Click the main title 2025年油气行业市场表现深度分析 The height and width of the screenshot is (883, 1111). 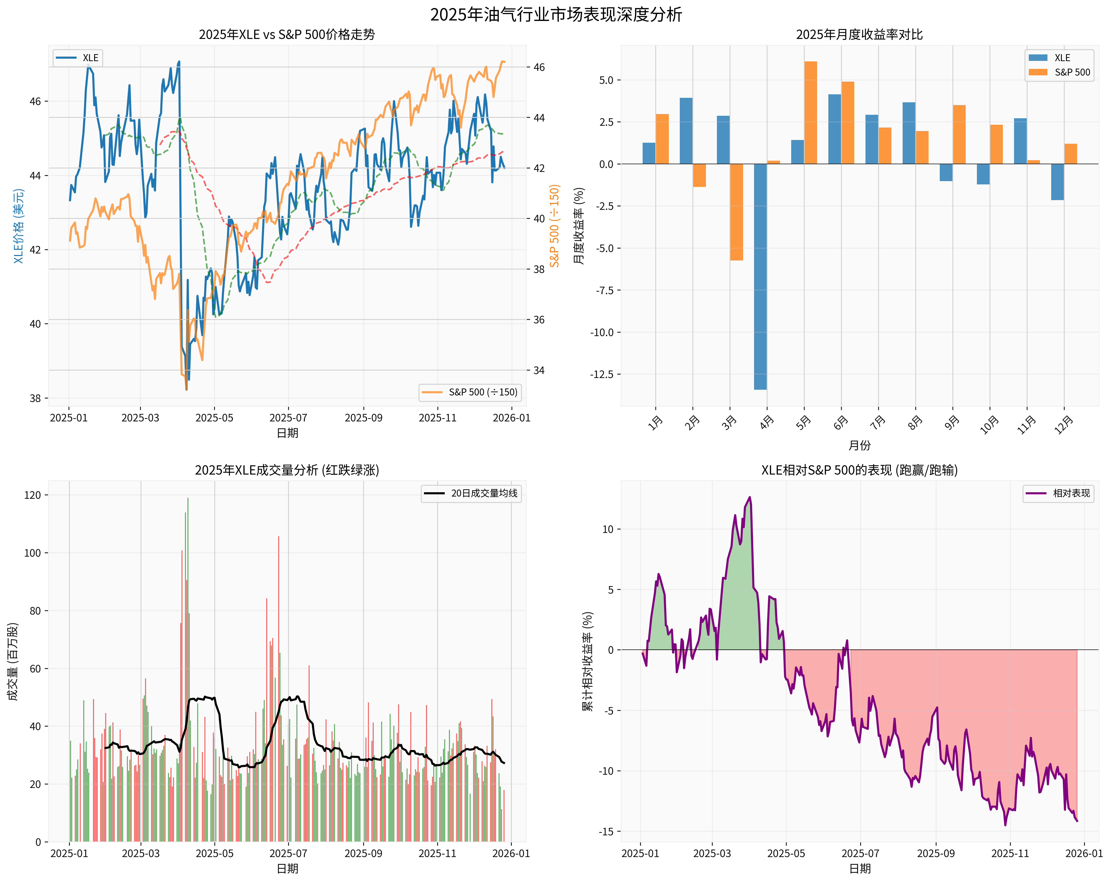(555, 14)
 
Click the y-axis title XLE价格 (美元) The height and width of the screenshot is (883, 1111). (18, 226)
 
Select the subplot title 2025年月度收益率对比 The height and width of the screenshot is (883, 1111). (859, 35)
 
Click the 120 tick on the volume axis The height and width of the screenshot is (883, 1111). (32, 495)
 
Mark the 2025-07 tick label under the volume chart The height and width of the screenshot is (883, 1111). (288, 854)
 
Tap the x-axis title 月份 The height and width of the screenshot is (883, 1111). (859, 445)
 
